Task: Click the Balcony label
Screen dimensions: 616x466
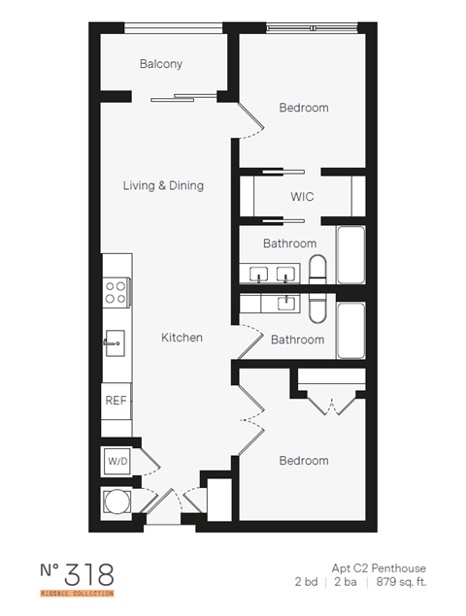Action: (161, 64)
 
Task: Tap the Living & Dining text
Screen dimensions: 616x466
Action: (163, 184)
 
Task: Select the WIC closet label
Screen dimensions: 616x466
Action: (302, 197)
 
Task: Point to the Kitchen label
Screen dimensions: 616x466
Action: (182, 338)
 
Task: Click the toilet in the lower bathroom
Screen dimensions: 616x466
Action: (317, 308)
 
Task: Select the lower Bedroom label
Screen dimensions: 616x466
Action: (303, 460)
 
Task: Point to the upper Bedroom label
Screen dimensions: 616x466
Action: (303, 108)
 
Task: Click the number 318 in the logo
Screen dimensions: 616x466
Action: (91, 572)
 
